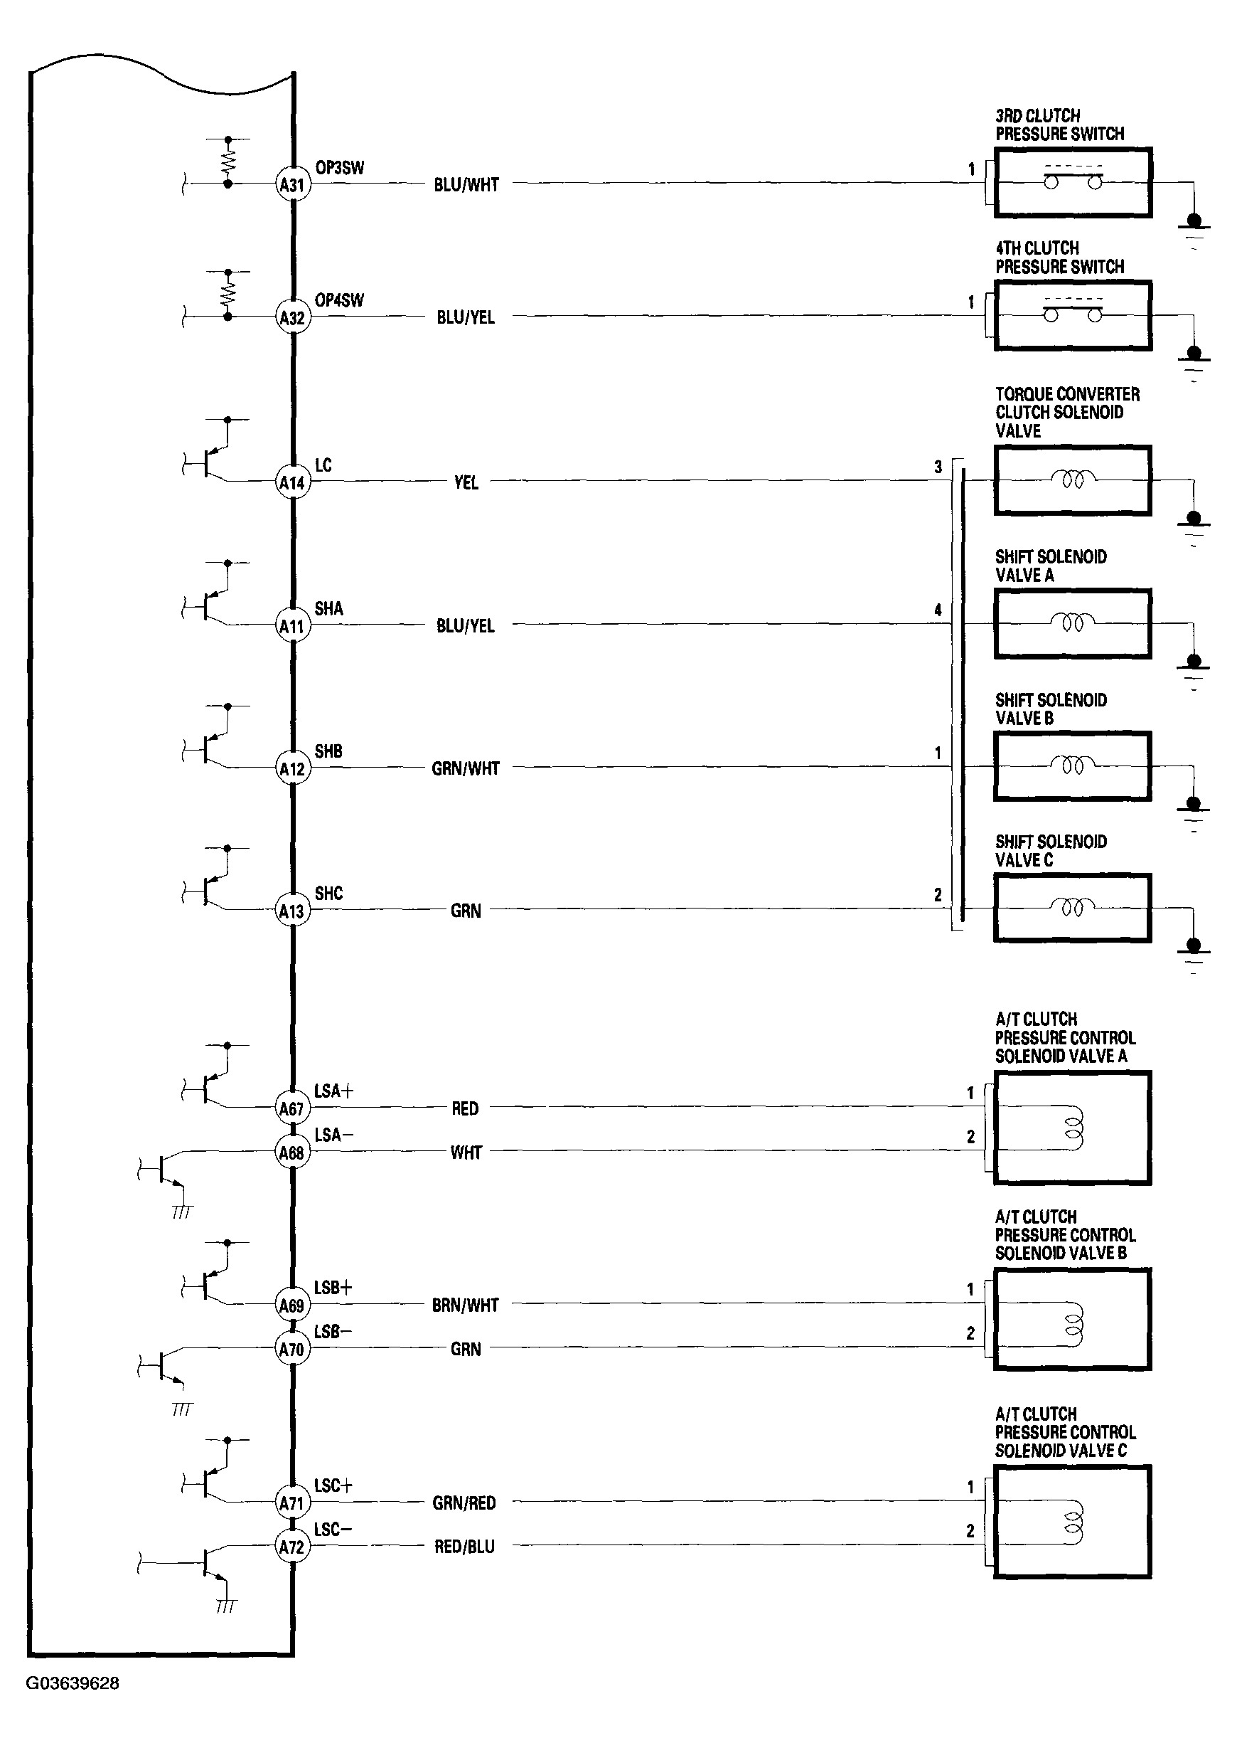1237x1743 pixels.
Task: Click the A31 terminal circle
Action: pos(292,184)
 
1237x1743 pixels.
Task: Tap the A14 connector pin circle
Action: pos(292,482)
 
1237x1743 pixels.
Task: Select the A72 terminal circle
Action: pos(291,1547)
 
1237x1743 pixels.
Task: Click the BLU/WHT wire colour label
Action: pos(466,184)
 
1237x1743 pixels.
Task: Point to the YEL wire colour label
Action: pos(466,482)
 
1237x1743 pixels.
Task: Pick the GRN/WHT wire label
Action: pos(466,768)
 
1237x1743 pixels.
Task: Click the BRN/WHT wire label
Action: pos(465,1305)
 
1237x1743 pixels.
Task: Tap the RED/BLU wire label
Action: pos(465,1547)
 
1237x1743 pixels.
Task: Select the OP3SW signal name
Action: pos(340,168)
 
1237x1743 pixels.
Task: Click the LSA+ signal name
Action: pos(333,1091)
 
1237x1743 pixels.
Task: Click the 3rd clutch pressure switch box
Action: pos(1073,183)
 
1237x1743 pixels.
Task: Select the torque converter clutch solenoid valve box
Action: pos(1073,480)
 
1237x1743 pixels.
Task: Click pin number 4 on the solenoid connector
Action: pos(938,610)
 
